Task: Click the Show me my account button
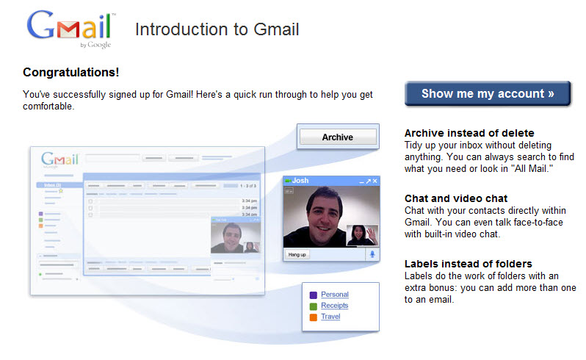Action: [488, 93]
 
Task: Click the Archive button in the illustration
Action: [338, 137]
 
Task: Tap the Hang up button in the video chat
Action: [297, 255]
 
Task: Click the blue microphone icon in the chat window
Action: [372, 254]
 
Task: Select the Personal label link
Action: [335, 294]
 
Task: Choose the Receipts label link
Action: [334, 306]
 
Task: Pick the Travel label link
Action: [330, 316]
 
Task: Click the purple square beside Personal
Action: [313, 295]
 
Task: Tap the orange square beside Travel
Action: [313, 317]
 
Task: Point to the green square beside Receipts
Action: [313, 306]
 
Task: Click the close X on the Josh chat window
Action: [375, 181]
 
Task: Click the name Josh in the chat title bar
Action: [300, 180]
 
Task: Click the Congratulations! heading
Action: [71, 72]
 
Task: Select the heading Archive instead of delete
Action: [469, 133]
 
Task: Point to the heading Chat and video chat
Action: [456, 198]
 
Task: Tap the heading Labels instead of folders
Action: [469, 264]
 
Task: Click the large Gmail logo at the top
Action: [70, 28]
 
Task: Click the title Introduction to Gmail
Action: [217, 29]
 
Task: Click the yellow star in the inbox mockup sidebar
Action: [61, 191]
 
